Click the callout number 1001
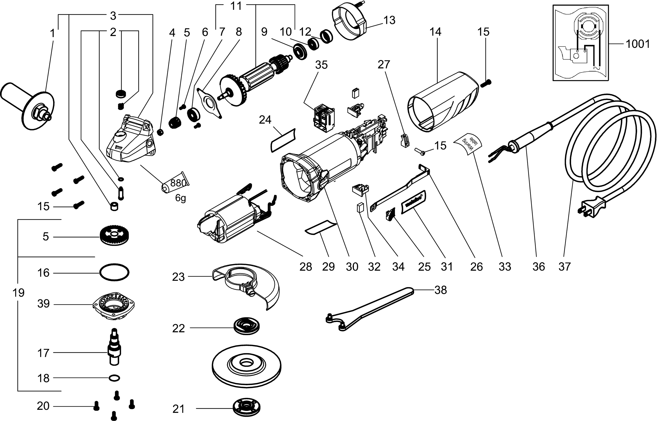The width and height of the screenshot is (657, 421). [638, 44]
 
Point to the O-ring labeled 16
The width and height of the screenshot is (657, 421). [114, 272]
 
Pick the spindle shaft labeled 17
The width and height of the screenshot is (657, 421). [114, 348]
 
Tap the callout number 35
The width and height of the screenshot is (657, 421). [321, 65]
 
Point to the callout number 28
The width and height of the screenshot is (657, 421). [306, 267]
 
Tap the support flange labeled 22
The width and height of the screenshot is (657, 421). [247, 327]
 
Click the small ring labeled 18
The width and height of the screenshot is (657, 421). [114, 378]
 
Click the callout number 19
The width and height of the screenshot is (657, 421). [19, 293]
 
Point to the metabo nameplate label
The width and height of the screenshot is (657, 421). [412, 203]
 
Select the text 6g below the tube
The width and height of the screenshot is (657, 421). [180, 198]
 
